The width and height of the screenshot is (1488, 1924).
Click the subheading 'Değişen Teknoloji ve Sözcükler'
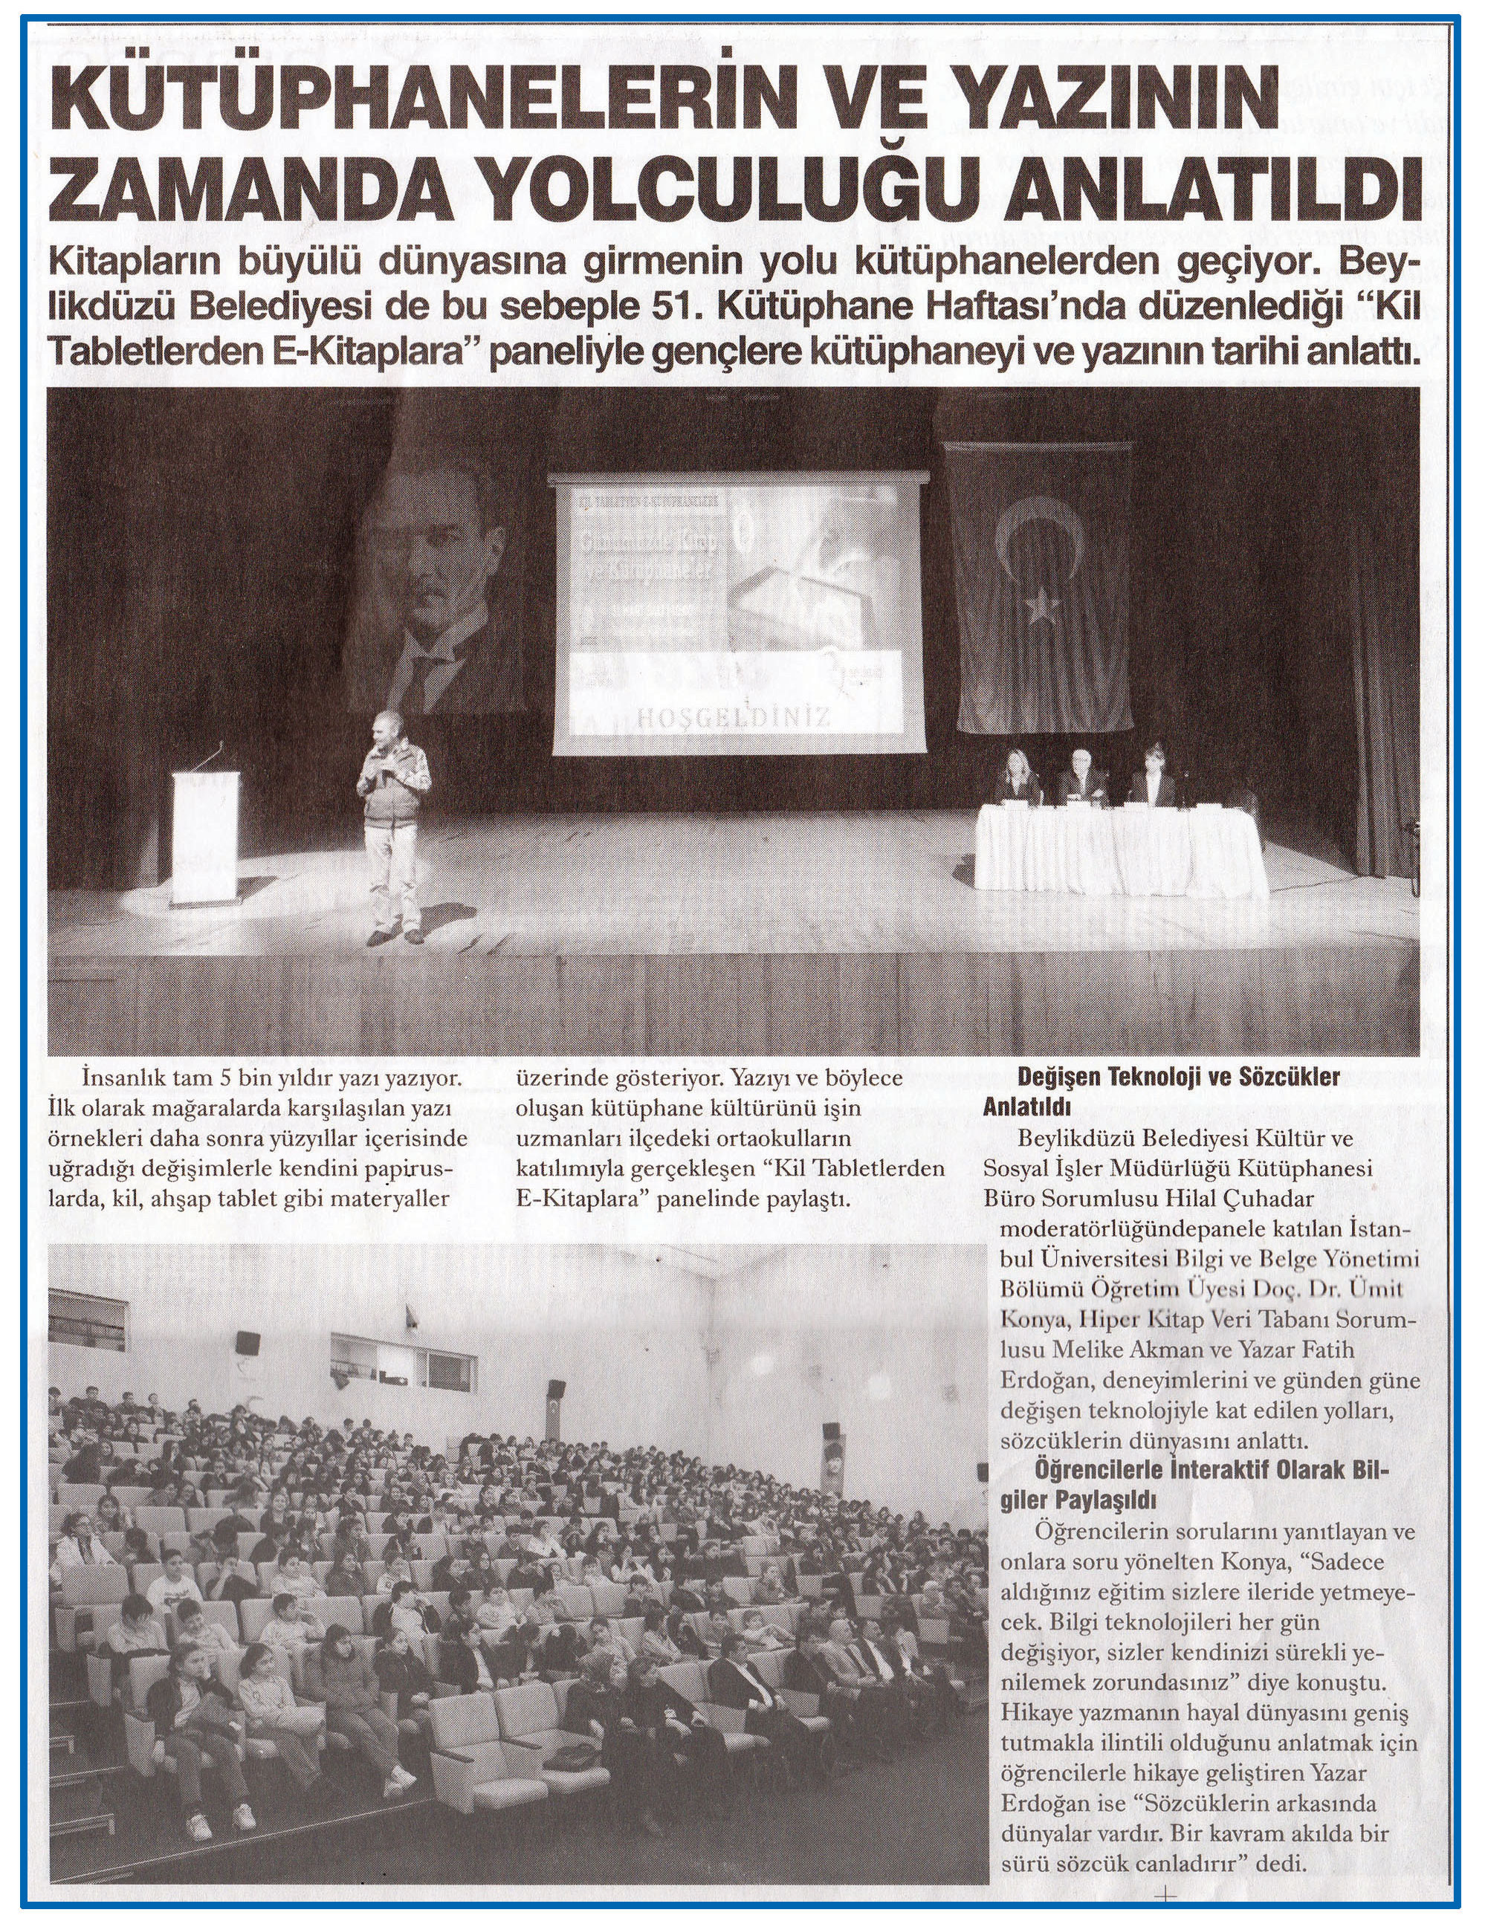click(1178, 1078)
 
